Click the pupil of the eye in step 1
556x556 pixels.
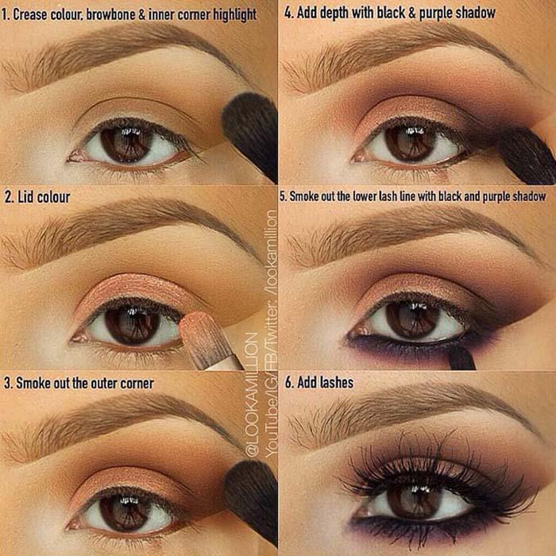click(x=125, y=144)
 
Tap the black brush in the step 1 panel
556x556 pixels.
click(x=251, y=135)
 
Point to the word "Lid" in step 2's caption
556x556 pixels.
click(x=26, y=197)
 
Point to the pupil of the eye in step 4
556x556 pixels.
click(x=411, y=145)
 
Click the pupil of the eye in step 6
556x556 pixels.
click(x=413, y=503)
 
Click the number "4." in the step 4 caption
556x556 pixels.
click(x=289, y=13)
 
